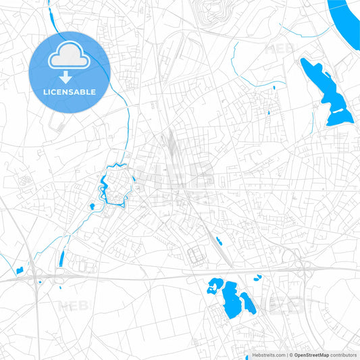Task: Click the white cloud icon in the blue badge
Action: tap(69, 56)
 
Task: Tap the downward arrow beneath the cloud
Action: tap(69, 76)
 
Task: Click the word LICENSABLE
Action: tap(69, 91)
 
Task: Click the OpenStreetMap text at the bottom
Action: tap(309, 355)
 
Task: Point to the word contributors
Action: tap(344, 355)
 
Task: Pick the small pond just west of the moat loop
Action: tap(92, 207)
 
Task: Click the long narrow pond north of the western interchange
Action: tap(61, 257)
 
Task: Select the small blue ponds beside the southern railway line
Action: tap(218, 240)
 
